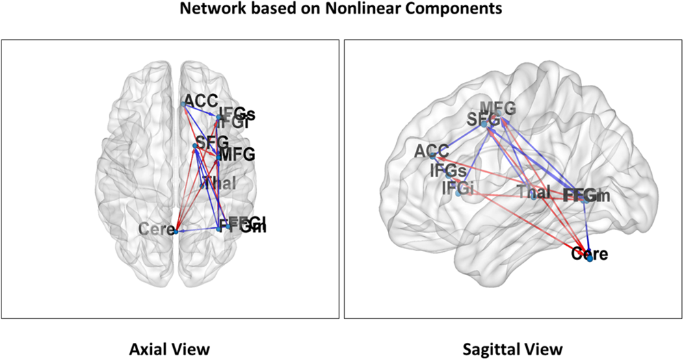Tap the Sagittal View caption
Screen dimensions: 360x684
pyautogui.click(x=512, y=348)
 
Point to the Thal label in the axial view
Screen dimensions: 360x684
pyautogui.click(x=221, y=183)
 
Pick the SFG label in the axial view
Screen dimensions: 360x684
pyautogui.click(x=211, y=143)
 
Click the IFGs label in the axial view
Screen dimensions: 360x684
pyautogui.click(x=236, y=114)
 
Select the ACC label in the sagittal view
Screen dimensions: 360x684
pyautogui.click(x=432, y=150)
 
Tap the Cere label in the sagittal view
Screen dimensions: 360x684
pyautogui.click(x=589, y=255)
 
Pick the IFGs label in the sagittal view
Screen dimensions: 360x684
pyautogui.click(x=448, y=170)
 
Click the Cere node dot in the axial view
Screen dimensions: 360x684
pyautogui.click(x=176, y=232)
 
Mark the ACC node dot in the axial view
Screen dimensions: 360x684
pyautogui.click(x=183, y=104)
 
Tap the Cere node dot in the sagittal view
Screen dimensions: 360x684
pyautogui.click(x=590, y=259)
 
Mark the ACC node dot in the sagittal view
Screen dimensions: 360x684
pyautogui.click(x=432, y=157)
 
